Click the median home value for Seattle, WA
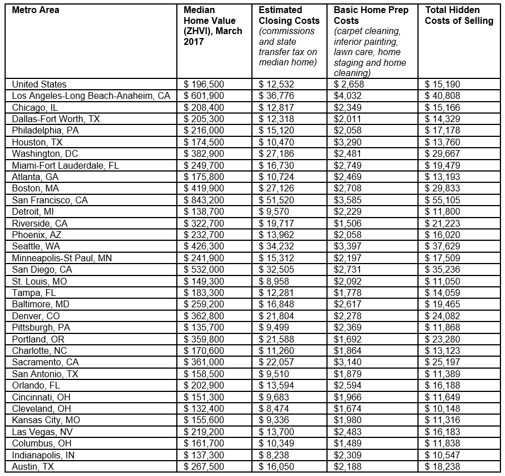point(205,246)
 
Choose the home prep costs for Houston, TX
point(347,142)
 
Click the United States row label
point(39,84)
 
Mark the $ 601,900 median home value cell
point(205,96)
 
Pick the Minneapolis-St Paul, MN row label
point(62,258)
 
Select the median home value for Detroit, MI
point(205,211)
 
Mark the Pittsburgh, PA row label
point(41,327)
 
